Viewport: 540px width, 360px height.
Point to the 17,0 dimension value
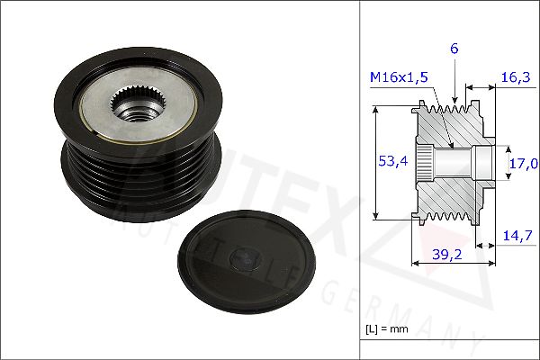[x=522, y=164]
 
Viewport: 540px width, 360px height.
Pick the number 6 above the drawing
[x=454, y=49]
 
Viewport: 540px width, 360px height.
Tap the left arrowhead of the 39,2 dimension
[x=415, y=264]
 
